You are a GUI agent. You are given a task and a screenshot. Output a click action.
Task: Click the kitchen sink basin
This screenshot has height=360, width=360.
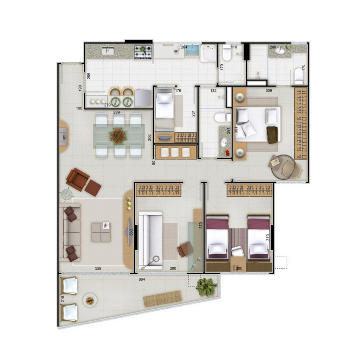click(108, 51)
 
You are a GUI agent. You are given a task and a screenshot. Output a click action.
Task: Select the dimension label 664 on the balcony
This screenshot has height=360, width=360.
click(142, 279)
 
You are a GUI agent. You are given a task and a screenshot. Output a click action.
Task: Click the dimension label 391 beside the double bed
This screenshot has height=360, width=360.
click(236, 130)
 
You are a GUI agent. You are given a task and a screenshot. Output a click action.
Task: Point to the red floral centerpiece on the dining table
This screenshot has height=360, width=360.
click(118, 136)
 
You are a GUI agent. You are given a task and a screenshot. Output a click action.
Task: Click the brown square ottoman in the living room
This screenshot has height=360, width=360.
click(93, 188)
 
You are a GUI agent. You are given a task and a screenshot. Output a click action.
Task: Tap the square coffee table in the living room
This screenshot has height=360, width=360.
click(101, 232)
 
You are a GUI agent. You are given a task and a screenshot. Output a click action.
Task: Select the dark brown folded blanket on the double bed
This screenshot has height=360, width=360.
click(272, 135)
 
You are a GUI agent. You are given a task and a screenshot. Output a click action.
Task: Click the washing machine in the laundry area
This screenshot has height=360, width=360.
click(208, 53)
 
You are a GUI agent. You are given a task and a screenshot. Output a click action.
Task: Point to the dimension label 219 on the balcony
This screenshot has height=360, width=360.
click(63, 299)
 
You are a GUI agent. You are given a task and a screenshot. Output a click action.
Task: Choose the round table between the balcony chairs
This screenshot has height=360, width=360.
click(90, 300)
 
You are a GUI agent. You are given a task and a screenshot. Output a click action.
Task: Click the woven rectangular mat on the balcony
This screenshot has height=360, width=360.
click(162, 299)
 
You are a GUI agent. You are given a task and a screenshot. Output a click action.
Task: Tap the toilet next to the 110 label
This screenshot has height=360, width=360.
click(227, 53)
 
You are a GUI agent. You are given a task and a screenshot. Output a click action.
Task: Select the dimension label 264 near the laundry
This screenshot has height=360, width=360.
click(184, 47)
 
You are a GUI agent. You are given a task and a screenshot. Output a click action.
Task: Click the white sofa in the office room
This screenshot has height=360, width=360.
click(150, 240)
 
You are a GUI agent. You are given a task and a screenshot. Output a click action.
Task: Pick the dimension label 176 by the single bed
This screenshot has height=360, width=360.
click(178, 90)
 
